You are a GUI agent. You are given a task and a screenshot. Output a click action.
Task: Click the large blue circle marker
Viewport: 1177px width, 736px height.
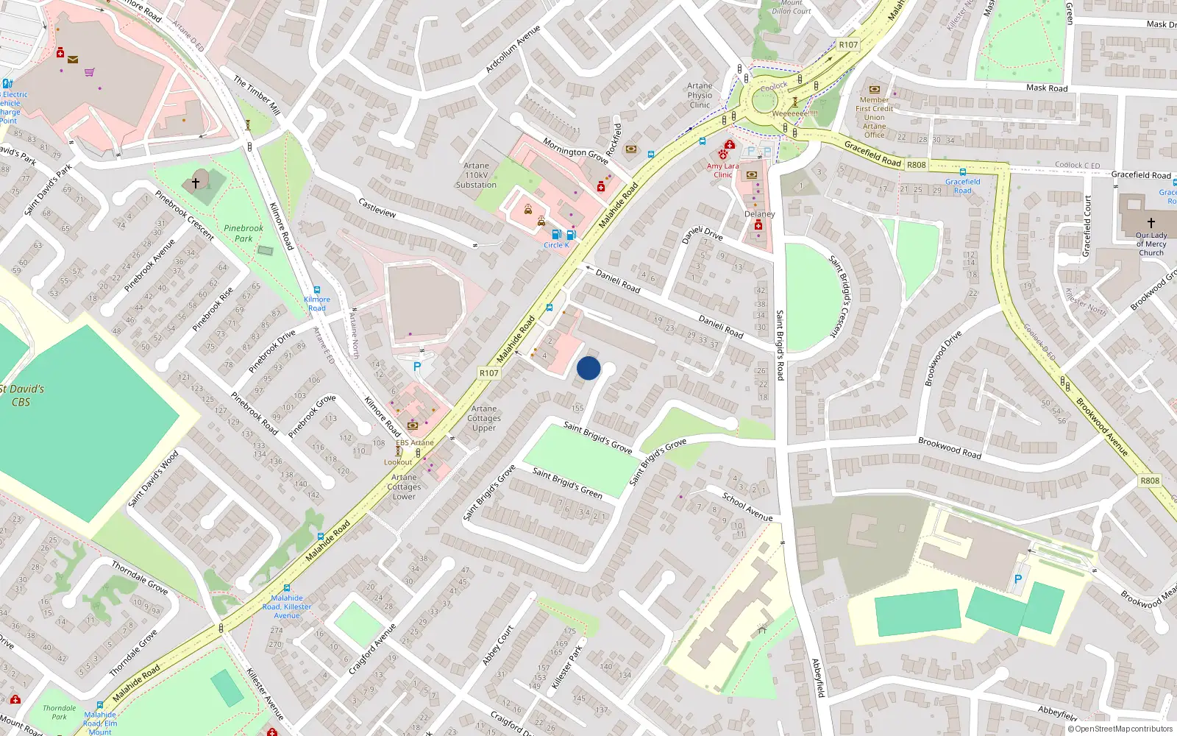click(588, 368)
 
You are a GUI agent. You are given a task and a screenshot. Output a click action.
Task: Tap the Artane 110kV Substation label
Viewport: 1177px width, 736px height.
click(476, 175)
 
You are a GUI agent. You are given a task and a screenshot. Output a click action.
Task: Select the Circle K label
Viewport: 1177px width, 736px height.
click(556, 245)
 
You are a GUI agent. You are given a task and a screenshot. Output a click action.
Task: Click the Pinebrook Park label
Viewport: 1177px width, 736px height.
click(243, 233)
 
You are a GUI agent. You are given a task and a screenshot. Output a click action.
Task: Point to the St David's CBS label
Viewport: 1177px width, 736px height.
click(21, 395)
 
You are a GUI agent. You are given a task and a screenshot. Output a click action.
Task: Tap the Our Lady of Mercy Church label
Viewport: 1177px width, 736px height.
click(1151, 244)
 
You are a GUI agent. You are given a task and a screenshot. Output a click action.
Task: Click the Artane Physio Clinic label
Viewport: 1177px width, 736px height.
click(700, 96)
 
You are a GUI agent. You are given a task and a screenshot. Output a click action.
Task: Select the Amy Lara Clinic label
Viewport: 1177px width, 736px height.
click(722, 171)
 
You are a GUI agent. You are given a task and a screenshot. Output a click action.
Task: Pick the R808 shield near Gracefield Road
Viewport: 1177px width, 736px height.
click(916, 165)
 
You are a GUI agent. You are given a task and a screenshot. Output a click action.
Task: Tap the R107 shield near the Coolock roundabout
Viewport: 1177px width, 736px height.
click(848, 45)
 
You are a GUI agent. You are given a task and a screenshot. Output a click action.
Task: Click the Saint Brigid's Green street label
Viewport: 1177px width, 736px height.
click(567, 484)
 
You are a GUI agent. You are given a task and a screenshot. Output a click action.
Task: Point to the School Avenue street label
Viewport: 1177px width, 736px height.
click(747, 506)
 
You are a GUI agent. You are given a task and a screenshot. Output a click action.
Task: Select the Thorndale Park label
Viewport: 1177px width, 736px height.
click(59, 712)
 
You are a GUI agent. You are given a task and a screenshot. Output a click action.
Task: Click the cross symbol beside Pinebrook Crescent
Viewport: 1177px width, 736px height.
click(196, 183)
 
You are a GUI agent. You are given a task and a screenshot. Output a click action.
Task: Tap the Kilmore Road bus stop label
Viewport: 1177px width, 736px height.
click(317, 303)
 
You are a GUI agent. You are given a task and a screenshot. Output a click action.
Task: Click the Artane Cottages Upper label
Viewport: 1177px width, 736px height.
click(484, 418)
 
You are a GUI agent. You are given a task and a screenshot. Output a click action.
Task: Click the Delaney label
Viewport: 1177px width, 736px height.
click(759, 214)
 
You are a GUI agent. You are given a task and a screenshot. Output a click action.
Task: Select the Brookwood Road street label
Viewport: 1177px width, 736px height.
click(949, 447)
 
